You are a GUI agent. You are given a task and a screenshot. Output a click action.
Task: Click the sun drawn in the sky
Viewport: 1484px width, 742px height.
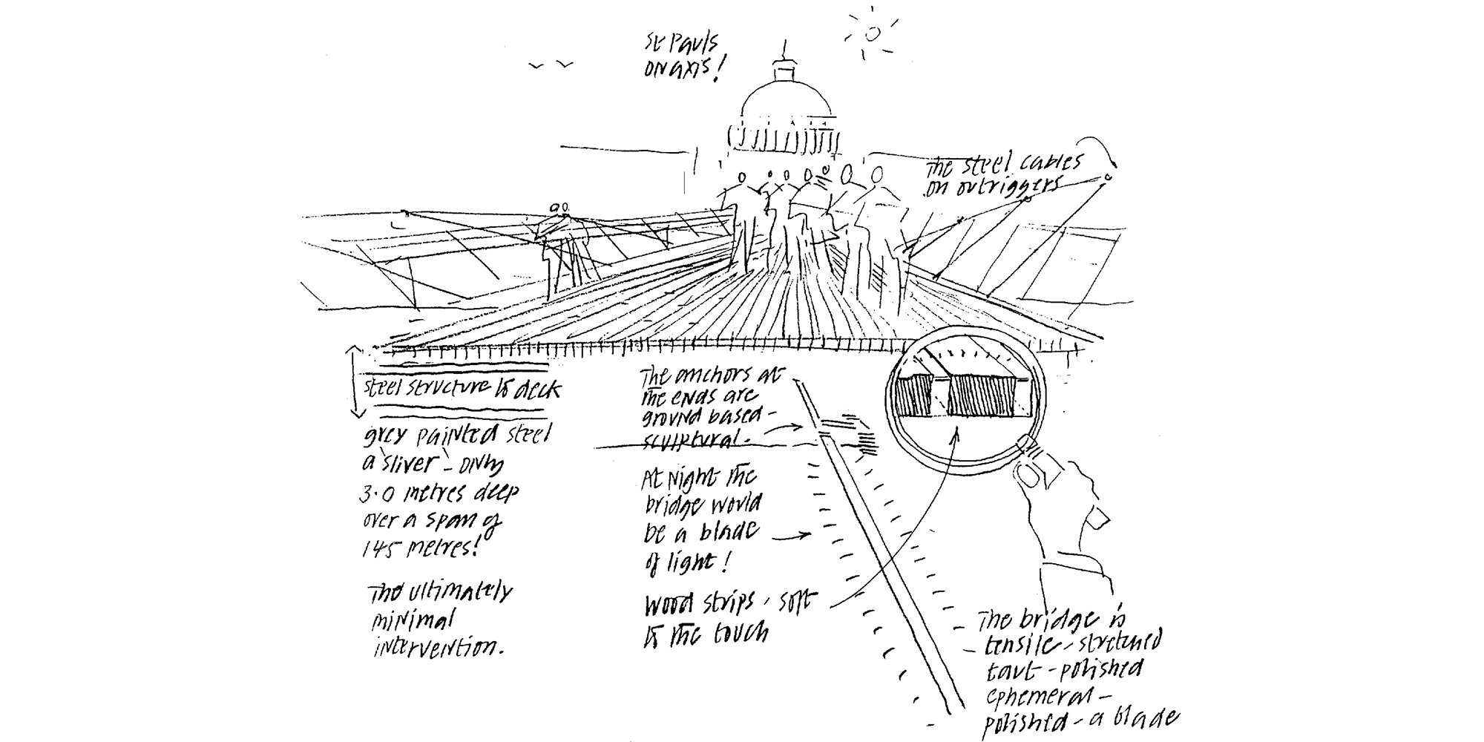point(873,32)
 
